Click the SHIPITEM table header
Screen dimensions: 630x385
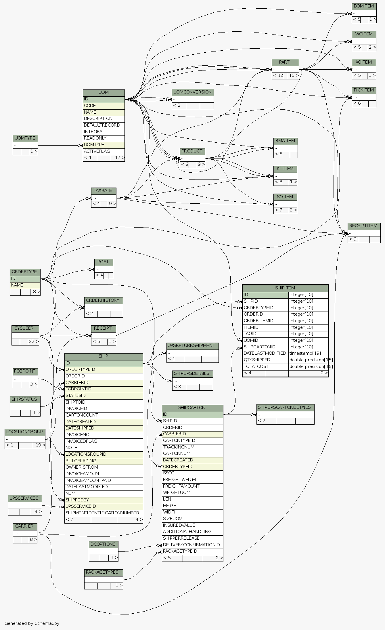tap(285, 288)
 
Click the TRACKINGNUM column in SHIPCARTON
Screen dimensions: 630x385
tap(179, 447)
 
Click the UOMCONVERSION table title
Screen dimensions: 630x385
tap(193, 92)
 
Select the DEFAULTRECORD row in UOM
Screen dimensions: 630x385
tap(98, 125)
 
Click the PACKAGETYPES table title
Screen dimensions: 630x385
tap(102, 572)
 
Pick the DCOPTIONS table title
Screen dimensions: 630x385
tap(103, 544)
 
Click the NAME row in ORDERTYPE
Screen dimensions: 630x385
tap(17, 285)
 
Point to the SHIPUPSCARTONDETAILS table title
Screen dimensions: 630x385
tap(284, 407)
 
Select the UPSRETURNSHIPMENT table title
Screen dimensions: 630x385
tap(191, 345)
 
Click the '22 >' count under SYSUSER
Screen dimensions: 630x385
tap(33, 342)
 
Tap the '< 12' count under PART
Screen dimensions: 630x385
tap(278, 76)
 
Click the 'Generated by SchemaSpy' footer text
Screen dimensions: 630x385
tap(32, 623)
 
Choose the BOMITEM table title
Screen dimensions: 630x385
tap(364, 6)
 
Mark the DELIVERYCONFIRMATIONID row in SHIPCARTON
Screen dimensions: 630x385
tap(191, 545)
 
